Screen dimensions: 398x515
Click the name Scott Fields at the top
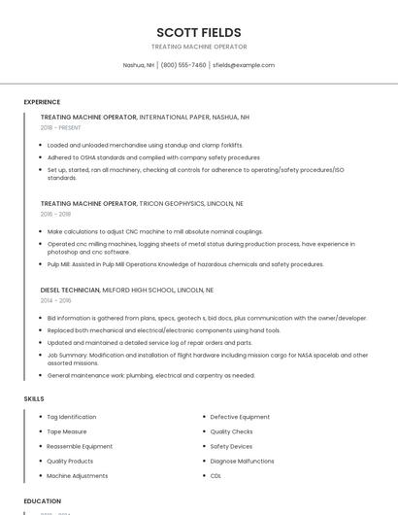click(199, 32)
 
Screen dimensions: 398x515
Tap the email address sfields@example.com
click(244, 65)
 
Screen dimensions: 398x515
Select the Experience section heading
click(42, 102)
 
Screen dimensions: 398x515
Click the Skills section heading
click(33, 398)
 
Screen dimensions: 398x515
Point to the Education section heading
click(42, 501)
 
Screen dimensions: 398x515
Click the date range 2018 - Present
click(62, 127)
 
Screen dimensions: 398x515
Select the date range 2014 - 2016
click(55, 300)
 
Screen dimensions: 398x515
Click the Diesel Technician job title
click(70, 290)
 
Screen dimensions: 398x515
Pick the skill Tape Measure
click(67, 431)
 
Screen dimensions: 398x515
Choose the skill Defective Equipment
click(240, 417)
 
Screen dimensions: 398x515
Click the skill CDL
click(216, 476)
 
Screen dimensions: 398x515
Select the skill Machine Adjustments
click(78, 476)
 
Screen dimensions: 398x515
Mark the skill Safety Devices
click(232, 446)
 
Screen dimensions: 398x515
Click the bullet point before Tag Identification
click(39, 417)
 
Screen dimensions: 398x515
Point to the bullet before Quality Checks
click(203, 431)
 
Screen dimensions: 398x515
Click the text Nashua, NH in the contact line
click(139, 65)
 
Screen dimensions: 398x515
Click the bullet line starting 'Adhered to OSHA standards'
click(153, 156)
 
